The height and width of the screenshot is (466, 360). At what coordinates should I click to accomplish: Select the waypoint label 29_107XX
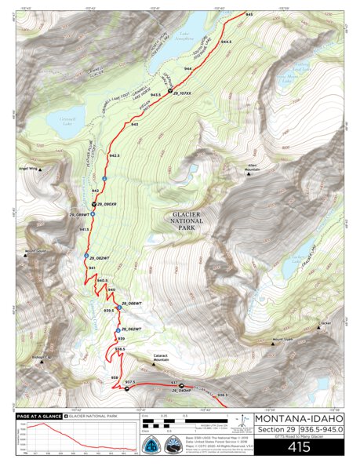(x=181, y=93)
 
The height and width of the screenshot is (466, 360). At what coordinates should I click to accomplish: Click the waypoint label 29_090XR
(x=106, y=204)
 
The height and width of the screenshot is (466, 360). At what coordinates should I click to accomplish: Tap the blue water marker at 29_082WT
(x=86, y=256)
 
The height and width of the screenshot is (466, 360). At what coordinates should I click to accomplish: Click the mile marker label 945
(x=249, y=15)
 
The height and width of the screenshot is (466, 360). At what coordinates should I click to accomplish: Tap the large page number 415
(x=297, y=447)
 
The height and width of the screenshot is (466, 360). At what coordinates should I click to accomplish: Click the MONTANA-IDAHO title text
(x=297, y=417)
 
